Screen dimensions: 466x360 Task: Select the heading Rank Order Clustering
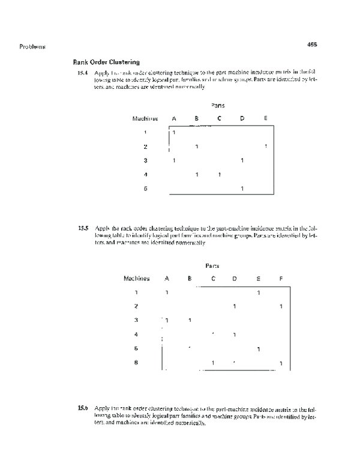pos(106,61)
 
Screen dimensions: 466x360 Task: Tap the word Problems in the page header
pos(32,46)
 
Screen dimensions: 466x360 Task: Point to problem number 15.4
pos(83,73)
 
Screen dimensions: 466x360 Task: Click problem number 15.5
pos(83,228)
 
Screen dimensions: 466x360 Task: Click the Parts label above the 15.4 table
pos(218,105)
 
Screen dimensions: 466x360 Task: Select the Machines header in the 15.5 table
pos(136,279)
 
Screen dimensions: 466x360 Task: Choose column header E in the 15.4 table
pos(265,118)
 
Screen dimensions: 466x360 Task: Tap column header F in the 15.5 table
pos(281,279)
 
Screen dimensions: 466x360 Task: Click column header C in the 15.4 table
pos(219,118)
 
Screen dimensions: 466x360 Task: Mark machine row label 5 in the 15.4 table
pos(145,189)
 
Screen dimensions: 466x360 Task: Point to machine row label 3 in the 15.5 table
pos(136,320)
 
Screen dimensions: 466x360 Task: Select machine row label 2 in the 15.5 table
pos(136,306)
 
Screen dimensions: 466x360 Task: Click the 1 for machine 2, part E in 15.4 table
pos(265,147)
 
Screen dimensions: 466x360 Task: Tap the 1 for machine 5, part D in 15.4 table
pos(242,189)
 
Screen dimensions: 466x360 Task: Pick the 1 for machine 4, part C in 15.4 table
pos(220,175)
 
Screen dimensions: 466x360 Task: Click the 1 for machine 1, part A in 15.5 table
pos(167,292)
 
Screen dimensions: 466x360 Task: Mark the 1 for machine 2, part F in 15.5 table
pos(281,307)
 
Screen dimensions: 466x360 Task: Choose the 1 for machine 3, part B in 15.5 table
pos(190,320)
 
